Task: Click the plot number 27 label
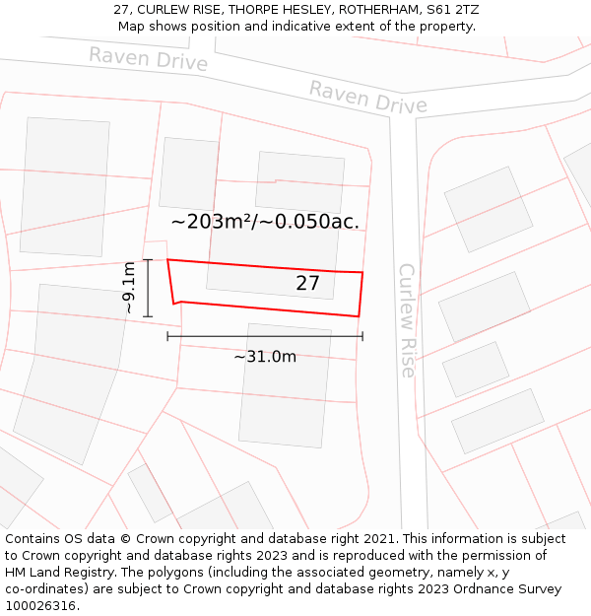pos(307,284)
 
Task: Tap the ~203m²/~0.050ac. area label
pos(265,222)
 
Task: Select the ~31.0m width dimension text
pos(265,356)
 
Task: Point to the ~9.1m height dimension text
pos(129,288)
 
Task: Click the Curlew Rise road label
pos(407,320)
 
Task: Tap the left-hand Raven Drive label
pos(148,58)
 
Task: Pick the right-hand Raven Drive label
pos(367,97)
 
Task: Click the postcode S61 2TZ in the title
pos(453,10)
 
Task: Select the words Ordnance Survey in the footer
pos(504,589)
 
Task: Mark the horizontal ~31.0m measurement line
pos(265,336)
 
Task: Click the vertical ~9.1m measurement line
pos(148,288)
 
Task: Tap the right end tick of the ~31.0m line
pos(362,336)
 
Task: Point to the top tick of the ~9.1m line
pos(148,260)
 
